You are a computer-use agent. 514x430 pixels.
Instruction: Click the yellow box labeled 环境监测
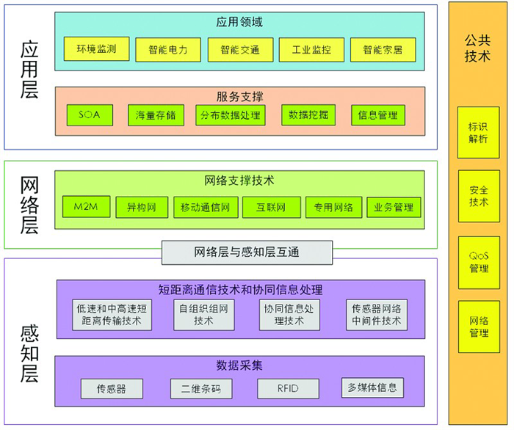pyautogui.click(x=96, y=48)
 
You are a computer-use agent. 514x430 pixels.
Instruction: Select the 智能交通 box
pyautogui.click(x=240, y=50)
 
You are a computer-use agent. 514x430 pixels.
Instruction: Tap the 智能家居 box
pyautogui.click(x=383, y=50)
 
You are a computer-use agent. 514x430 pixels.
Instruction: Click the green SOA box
pyautogui.click(x=90, y=115)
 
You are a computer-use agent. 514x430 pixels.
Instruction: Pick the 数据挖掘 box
pyautogui.click(x=308, y=115)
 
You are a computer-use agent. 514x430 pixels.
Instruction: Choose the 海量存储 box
pyautogui.click(x=156, y=115)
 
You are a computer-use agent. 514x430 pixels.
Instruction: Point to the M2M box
pyautogui.click(x=86, y=207)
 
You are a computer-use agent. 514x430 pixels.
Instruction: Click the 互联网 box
pyautogui.click(x=272, y=208)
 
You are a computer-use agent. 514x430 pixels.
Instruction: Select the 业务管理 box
pyautogui.click(x=394, y=208)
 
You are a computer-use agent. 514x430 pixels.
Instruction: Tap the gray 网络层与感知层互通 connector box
pyautogui.click(x=247, y=252)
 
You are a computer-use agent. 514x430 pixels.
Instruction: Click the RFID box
pyautogui.click(x=288, y=389)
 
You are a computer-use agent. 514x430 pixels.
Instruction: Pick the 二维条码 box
pyautogui.click(x=201, y=389)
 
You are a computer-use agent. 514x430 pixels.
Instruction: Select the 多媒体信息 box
pyautogui.click(x=372, y=387)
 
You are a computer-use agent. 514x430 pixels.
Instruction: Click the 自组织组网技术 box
pyautogui.click(x=204, y=315)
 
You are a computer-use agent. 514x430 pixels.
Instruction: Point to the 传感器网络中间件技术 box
pyautogui.click(x=377, y=315)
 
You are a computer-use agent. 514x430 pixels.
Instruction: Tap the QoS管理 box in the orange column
pyautogui.click(x=479, y=262)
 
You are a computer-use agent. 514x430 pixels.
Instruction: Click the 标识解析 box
pyautogui.click(x=479, y=133)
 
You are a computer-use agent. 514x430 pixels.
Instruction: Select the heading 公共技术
pyautogui.click(x=477, y=48)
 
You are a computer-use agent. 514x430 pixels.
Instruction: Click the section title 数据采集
pyautogui.click(x=239, y=365)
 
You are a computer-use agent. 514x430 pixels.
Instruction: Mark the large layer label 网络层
pyautogui.click(x=29, y=205)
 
